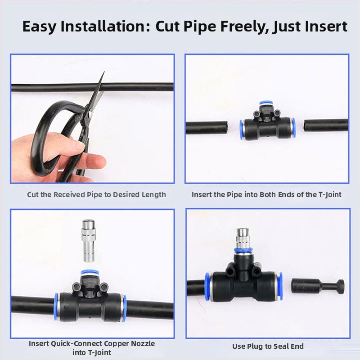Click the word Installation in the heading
point(105,26)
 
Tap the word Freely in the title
point(244,27)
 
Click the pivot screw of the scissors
point(91,112)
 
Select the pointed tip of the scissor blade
point(104,72)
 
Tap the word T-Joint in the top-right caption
point(330,195)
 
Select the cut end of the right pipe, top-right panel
point(306,126)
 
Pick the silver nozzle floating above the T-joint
point(89,241)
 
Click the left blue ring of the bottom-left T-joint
point(56,306)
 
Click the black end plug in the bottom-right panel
point(318,286)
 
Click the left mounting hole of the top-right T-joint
point(256,113)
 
